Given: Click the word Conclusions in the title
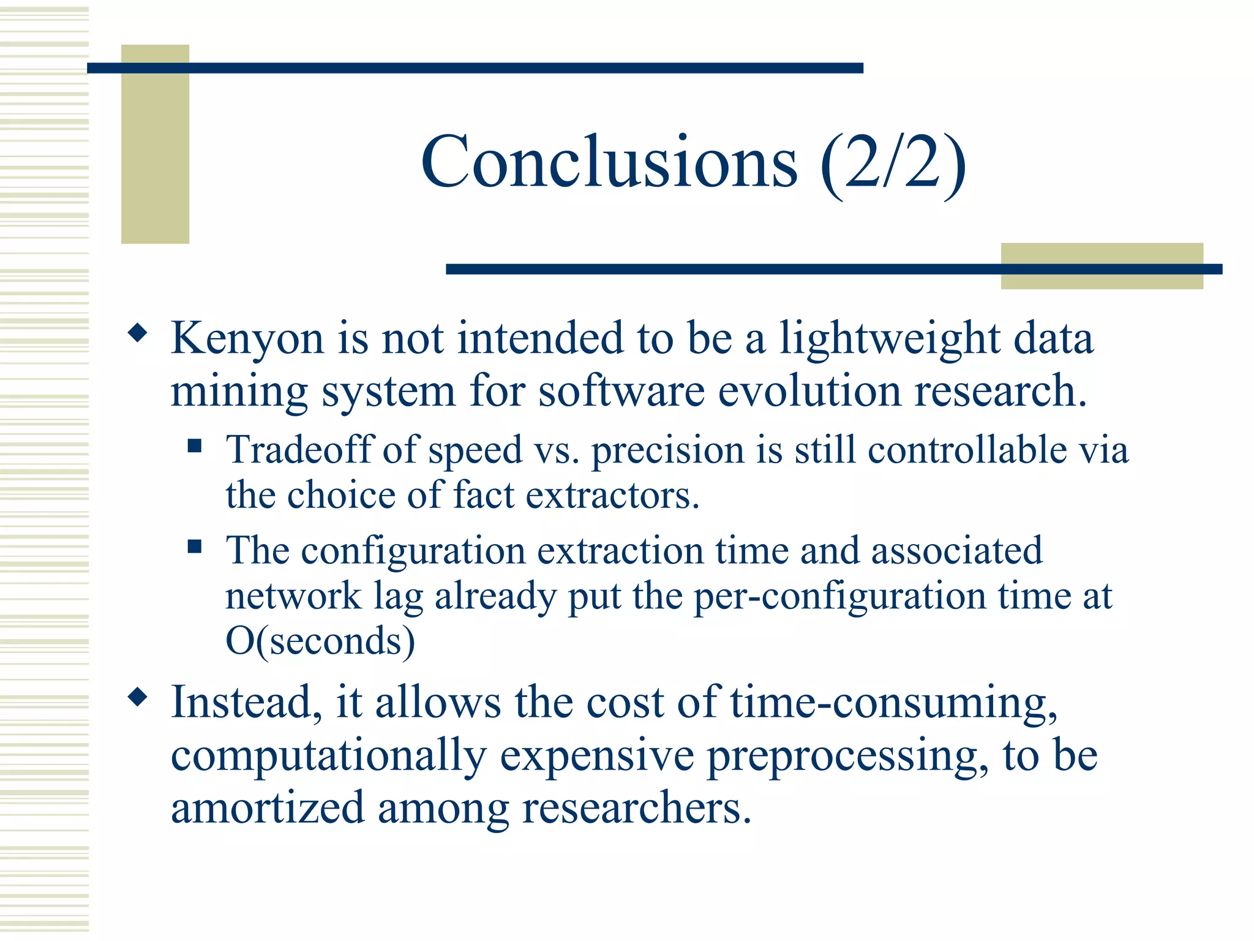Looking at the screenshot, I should coord(609,162).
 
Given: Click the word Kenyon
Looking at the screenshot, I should coord(247,339).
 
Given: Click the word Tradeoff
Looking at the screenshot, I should coord(299,450).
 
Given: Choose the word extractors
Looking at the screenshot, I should coord(612,495).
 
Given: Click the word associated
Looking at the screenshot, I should coord(956,550).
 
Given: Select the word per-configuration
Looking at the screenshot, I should coord(839,596).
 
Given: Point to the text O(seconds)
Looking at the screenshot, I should coord(320,641).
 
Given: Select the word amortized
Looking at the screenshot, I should coord(268,808).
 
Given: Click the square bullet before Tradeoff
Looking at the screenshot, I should coord(195,445).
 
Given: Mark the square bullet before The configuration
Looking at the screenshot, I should coord(195,546).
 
